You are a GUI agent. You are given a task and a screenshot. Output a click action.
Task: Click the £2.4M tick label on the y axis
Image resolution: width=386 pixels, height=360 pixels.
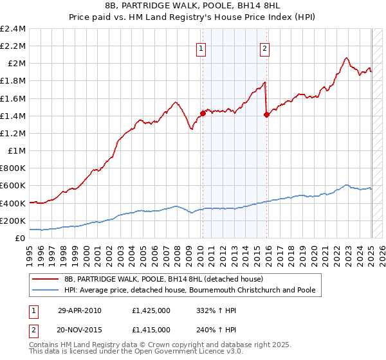pyautogui.click(x=13, y=29)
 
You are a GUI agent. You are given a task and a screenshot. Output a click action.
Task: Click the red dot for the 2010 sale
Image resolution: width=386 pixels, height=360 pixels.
pyautogui.click(x=202, y=113)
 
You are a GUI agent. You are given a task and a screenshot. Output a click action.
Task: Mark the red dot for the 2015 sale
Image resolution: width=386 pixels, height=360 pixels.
pyautogui.click(x=266, y=114)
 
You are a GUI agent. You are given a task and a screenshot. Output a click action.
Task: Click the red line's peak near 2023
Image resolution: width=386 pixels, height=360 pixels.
pyautogui.click(x=347, y=58)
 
